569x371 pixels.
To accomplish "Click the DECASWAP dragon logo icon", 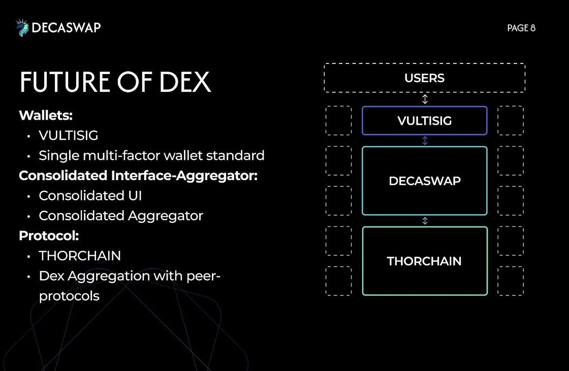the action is click(x=22, y=28).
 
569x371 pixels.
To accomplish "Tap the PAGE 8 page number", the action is click(x=521, y=28).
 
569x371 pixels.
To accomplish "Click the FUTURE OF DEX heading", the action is click(x=115, y=82).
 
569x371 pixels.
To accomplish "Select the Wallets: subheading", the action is click(x=46, y=115).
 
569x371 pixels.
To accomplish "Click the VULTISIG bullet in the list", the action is click(x=69, y=136).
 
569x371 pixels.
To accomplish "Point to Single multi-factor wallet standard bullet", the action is click(x=151, y=155).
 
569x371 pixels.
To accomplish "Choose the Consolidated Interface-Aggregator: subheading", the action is click(x=138, y=176).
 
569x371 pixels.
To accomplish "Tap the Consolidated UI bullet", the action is click(x=90, y=195).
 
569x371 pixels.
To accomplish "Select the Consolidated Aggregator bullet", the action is click(x=121, y=216).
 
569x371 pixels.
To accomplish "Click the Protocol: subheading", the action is click(x=49, y=235).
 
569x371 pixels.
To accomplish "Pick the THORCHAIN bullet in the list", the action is click(x=80, y=256).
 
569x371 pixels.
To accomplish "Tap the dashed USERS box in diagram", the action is click(x=425, y=78).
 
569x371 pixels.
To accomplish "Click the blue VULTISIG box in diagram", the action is click(x=425, y=121).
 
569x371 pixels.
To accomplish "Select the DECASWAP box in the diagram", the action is click(x=425, y=181).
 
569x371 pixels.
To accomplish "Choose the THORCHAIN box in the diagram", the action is click(x=425, y=261).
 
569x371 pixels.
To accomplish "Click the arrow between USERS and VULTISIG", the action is click(x=425, y=99).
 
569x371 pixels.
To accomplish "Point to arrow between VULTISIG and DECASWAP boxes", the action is click(x=425, y=141).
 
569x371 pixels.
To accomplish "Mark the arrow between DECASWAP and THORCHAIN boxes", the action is click(x=425, y=221).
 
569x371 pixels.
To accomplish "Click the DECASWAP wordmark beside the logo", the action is click(x=66, y=28).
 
